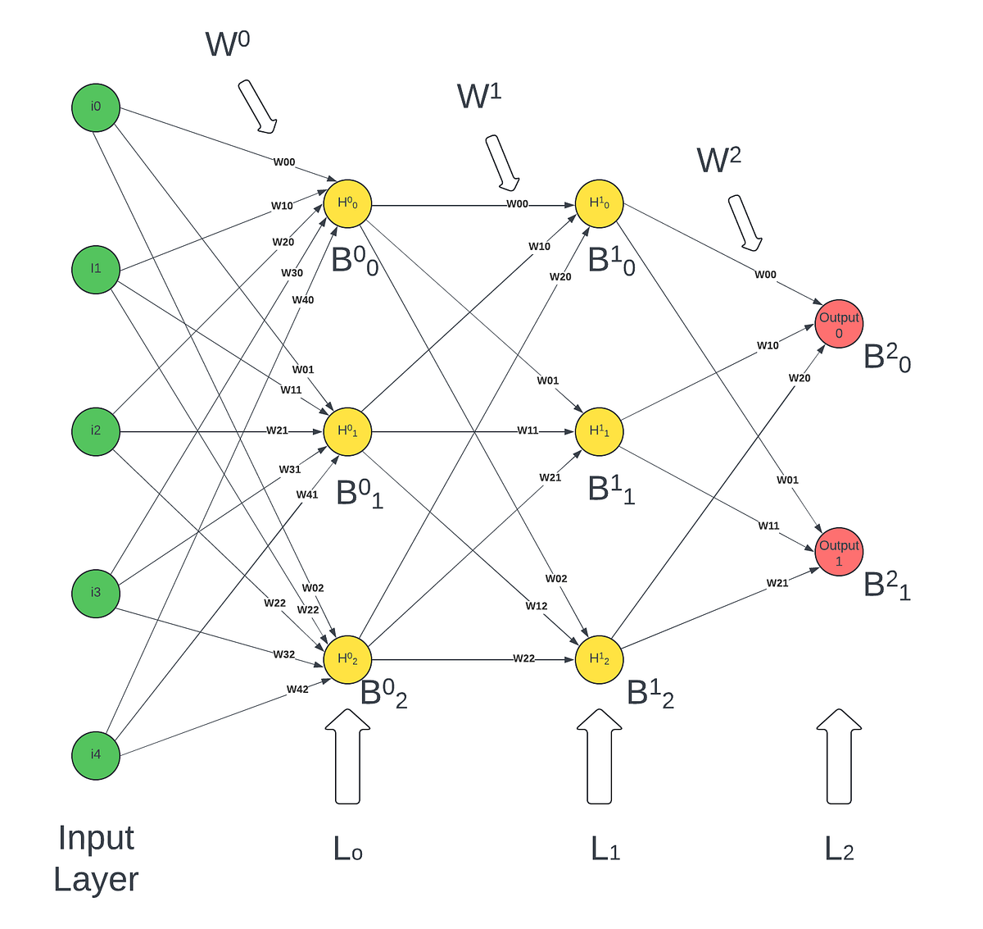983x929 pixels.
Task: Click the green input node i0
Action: coord(96,107)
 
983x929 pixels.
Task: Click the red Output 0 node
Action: coord(839,324)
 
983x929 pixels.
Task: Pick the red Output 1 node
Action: coord(839,552)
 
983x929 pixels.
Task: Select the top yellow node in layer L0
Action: coord(347,203)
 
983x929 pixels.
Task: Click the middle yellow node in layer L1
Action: coord(599,431)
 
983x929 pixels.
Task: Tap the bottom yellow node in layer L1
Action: coord(599,659)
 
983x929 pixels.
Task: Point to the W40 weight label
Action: coord(303,300)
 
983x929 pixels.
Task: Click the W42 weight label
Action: coord(297,690)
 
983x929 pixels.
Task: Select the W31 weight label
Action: coord(290,470)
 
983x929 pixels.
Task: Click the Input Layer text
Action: coord(96,858)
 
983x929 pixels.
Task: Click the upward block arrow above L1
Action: coord(599,756)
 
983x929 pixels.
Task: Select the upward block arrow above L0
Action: coord(347,756)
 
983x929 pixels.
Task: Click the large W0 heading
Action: coord(227,43)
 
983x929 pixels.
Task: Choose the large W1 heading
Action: coord(479,96)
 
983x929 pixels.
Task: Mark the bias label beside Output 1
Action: coord(887,585)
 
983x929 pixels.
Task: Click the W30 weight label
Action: coord(292,273)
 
